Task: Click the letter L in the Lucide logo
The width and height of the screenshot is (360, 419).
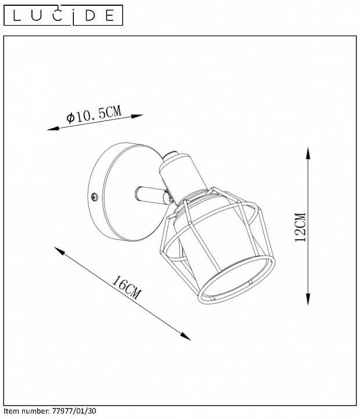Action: (x=17, y=15)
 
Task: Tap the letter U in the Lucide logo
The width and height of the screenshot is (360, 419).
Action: (x=40, y=15)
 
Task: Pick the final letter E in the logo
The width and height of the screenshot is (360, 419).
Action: (x=109, y=15)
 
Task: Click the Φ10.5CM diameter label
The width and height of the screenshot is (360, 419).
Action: (x=94, y=115)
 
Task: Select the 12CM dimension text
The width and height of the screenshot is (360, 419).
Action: (x=300, y=227)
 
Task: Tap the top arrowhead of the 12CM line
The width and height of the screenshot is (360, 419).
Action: (x=308, y=152)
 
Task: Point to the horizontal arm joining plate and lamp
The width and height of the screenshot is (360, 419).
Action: (x=148, y=194)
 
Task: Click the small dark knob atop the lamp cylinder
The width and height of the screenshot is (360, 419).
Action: (x=169, y=156)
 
